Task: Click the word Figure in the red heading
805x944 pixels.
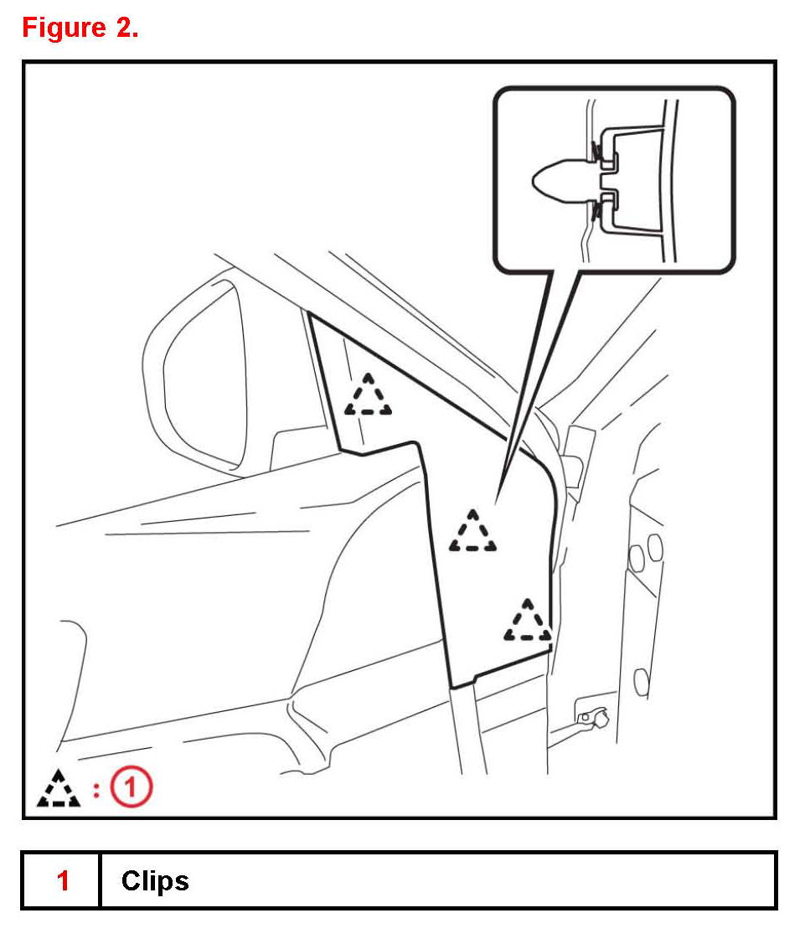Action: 64,28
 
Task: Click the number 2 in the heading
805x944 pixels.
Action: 124,28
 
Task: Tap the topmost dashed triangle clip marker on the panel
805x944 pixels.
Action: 368,396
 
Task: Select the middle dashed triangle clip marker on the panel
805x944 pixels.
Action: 472,532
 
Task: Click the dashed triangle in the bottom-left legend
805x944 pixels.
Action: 59,788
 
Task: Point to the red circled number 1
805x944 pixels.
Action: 132,788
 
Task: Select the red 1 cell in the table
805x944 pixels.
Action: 63,880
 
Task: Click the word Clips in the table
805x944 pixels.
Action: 155,880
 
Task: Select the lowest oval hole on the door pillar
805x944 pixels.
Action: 642,681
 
